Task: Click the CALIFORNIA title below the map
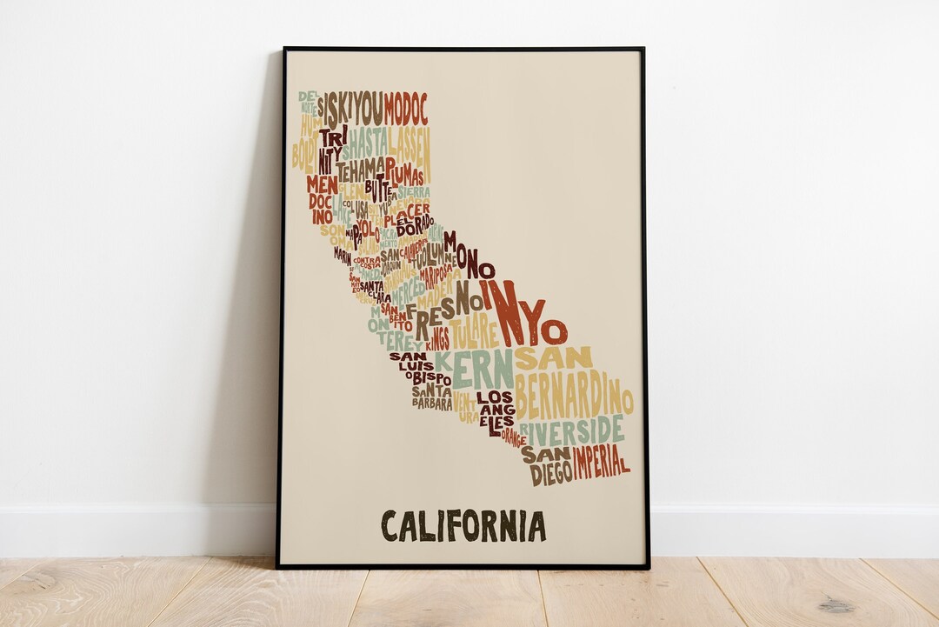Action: pyautogui.click(x=463, y=526)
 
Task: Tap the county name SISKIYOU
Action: pyautogui.click(x=350, y=109)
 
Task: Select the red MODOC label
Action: pyautogui.click(x=406, y=109)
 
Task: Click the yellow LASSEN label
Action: pyautogui.click(x=409, y=141)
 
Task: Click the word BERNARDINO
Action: pyautogui.click(x=573, y=397)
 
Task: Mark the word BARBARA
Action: pyautogui.click(x=432, y=404)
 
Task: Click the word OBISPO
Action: pyautogui.click(x=428, y=378)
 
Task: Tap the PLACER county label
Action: pyautogui.click(x=407, y=211)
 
